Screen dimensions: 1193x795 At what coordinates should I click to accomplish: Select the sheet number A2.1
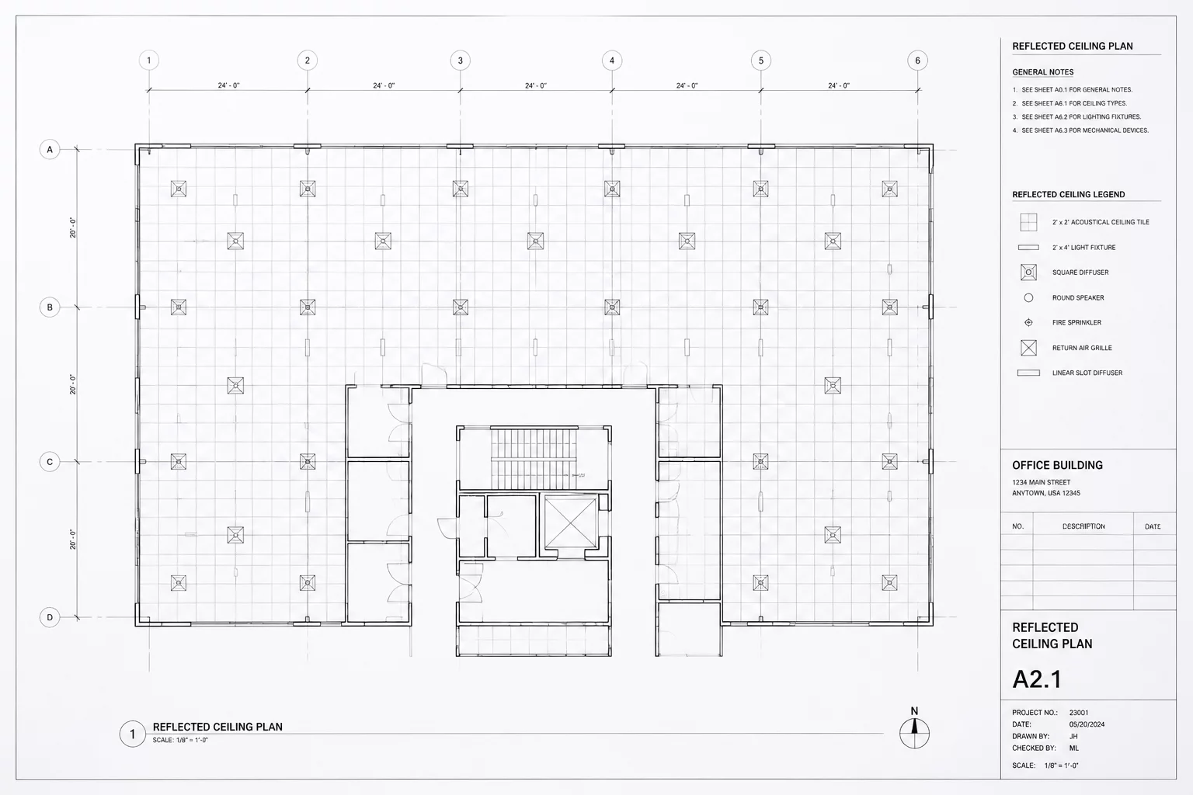click(x=1037, y=679)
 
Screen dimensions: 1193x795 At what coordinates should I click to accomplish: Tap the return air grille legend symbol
click(x=1028, y=348)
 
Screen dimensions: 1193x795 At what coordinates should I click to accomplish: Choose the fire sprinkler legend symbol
click(x=1028, y=322)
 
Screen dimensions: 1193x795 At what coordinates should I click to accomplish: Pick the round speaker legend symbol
click(x=1028, y=297)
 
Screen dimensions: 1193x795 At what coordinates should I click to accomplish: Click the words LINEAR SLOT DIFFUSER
click(x=1087, y=373)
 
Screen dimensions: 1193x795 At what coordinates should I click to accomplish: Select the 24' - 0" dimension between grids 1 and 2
click(x=228, y=85)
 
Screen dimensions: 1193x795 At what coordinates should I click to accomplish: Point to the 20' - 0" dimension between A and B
click(x=73, y=228)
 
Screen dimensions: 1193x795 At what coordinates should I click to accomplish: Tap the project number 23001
click(x=1079, y=713)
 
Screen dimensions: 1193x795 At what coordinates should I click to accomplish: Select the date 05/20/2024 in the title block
click(x=1087, y=724)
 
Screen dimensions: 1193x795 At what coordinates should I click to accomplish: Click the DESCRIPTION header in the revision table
click(x=1083, y=526)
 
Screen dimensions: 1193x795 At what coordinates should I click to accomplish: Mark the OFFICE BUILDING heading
click(x=1057, y=465)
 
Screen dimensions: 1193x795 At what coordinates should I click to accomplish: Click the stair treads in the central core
click(x=534, y=459)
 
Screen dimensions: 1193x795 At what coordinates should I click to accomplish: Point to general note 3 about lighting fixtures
click(x=1080, y=116)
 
